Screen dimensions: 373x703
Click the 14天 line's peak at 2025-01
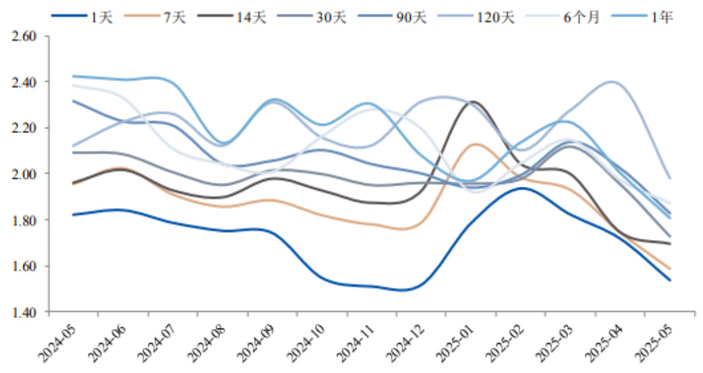pyautogui.click(x=473, y=102)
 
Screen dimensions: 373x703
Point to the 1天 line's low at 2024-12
pyautogui.click(x=404, y=290)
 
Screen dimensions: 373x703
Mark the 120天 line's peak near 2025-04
pyautogui.click(x=612, y=82)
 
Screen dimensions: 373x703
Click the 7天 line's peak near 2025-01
pyautogui.click(x=475, y=144)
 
